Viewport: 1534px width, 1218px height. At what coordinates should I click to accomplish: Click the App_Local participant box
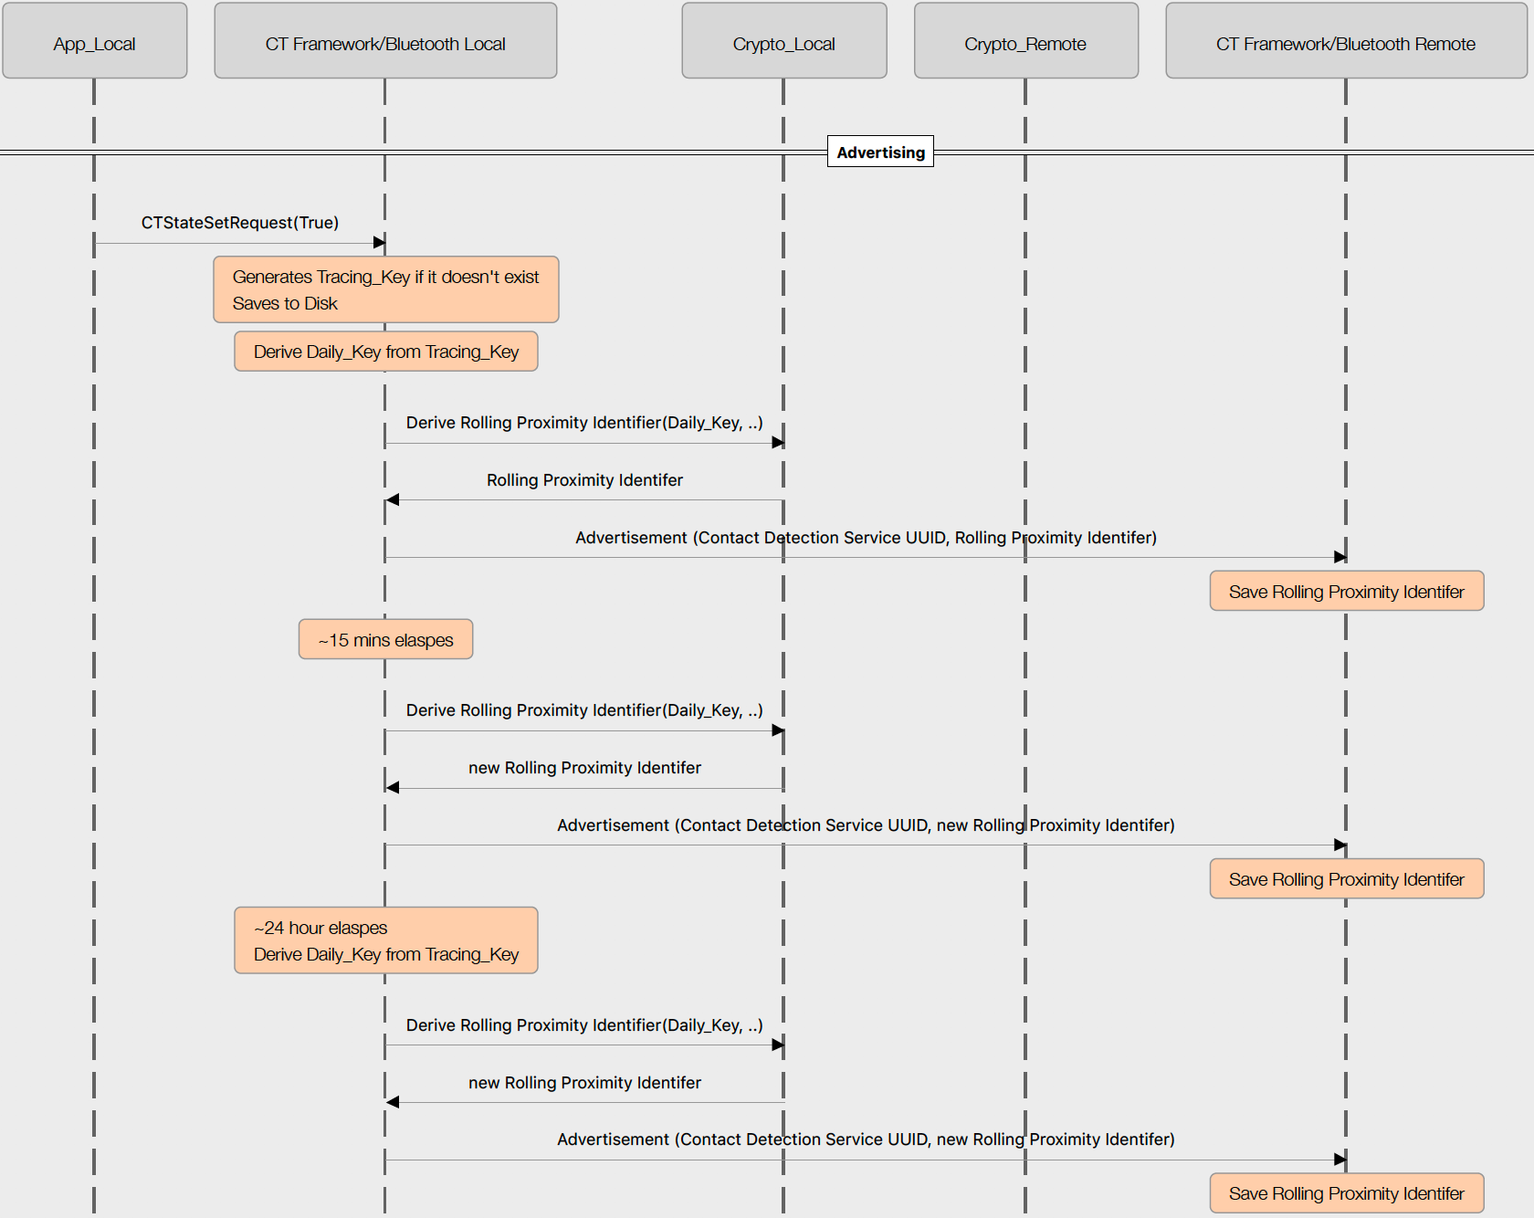pyautogui.click(x=94, y=41)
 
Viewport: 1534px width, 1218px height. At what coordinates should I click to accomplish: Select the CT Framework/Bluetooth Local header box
pyautogui.click(x=385, y=41)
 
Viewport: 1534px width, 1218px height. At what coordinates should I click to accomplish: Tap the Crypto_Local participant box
pyautogui.click(x=783, y=41)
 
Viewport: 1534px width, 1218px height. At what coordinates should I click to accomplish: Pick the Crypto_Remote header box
pyautogui.click(x=1025, y=41)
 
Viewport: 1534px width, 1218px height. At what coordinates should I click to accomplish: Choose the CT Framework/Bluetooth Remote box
pyautogui.click(x=1345, y=41)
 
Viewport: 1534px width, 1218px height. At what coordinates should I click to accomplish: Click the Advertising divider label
pyautogui.click(x=880, y=152)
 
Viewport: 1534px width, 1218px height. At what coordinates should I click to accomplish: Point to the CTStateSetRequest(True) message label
pyautogui.click(x=239, y=223)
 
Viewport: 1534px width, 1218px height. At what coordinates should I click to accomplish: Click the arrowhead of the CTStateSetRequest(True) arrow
pyautogui.click(x=379, y=243)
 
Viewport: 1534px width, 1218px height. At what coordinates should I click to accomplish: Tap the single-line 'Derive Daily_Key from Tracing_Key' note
pyautogui.click(x=385, y=352)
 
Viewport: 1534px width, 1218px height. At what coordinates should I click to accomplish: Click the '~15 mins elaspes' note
pyautogui.click(x=385, y=639)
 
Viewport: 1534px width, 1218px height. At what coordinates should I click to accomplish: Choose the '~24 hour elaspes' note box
pyautogui.click(x=385, y=940)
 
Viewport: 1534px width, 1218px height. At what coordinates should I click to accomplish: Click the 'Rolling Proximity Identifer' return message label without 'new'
pyautogui.click(x=584, y=480)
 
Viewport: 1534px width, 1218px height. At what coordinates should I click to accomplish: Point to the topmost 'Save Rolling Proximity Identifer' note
pyautogui.click(x=1346, y=591)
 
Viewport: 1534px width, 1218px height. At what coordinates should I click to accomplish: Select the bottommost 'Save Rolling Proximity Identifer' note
pyautogui.click(x=1346, y=1193)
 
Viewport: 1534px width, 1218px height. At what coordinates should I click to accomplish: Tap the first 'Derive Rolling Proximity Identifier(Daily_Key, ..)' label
pyautogui.click(x=584, y=423)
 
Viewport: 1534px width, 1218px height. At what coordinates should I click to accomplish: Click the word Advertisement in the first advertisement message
pyautogui.click(x=631, y=538)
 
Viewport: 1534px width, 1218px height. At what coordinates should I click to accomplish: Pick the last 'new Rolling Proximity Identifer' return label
pyautogui.click(x=584, y=1083)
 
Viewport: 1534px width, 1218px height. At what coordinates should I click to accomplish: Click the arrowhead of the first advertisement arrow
pyautogui.click(x=1340, y=557)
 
